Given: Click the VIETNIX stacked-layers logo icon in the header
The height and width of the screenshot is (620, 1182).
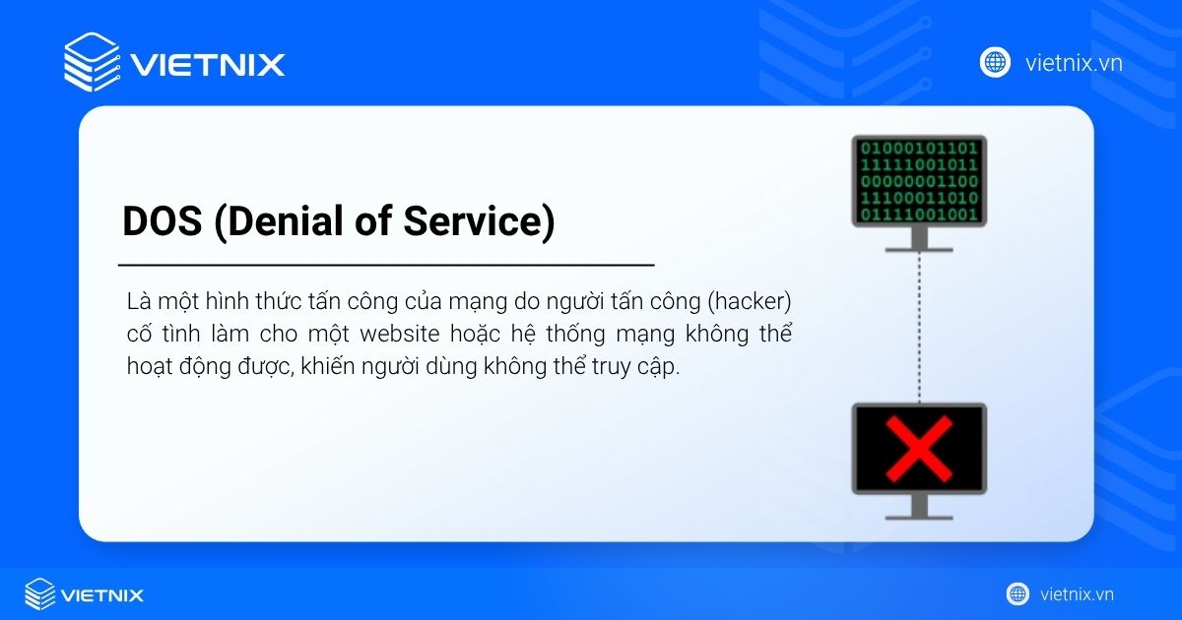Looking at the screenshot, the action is click(x=92, y=62).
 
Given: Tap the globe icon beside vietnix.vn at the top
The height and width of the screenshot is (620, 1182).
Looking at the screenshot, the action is click(x=995, y=62).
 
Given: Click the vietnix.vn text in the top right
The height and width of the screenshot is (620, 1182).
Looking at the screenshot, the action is click(x=1074, y=63).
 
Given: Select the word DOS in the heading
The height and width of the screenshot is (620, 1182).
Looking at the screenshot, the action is click(x=162, y=220).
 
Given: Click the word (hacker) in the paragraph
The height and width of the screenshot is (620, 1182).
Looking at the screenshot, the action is click(x=750, y=301).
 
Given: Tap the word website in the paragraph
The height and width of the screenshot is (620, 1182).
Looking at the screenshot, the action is click(x=400, y=334).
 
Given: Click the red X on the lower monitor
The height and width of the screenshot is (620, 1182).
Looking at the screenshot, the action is click(x=919, y=449).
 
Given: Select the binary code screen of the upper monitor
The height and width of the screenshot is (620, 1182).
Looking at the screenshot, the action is click(x=919, y=181).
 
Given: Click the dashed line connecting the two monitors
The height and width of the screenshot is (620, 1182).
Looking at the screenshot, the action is click(x=920, y=328).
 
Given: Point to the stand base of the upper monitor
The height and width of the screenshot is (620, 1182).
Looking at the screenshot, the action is click(x=919, y=250).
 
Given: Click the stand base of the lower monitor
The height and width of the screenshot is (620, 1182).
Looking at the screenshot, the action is click(x=919, y=518).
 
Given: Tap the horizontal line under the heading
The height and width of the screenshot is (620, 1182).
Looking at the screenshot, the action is click(x=386, y=265).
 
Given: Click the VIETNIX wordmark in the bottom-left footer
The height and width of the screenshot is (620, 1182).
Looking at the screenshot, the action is click(x=101, y=595).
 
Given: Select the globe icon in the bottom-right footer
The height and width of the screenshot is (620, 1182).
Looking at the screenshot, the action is click(x=1018, y=594).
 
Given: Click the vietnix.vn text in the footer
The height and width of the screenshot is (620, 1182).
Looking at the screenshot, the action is click(x=1077, y=594).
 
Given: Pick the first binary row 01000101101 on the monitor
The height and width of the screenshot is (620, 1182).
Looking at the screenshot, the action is click(x=919, y=149).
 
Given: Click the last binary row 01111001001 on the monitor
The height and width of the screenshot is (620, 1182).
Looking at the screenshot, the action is click(x=919, y=215).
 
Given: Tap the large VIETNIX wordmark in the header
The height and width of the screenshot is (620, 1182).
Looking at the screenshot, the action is click(x=208, y=65).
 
